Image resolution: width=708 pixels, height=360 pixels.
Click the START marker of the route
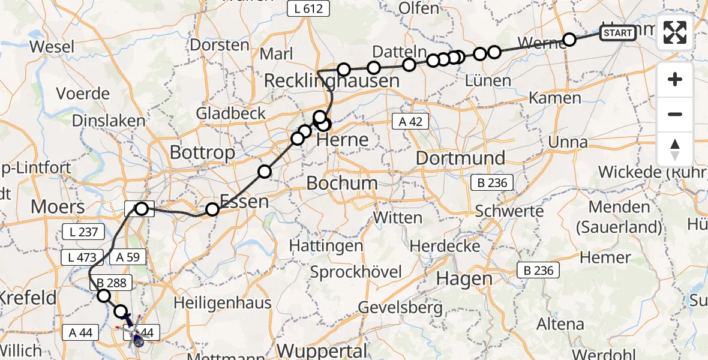click(x=617, y=32)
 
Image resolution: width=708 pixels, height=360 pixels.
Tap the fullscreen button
click(x=675, y=32)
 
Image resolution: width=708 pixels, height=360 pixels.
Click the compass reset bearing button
click(x=675, y=149)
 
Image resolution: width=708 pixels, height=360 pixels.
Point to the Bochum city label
click(x=342, y=182)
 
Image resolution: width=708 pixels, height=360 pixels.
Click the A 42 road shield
click(x=410, y=122)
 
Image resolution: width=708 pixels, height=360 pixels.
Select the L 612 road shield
click(x=309, y=9)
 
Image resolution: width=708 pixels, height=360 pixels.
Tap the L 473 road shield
click(x=78, y=257)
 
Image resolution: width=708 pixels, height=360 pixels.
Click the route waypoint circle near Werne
click(x=569, y=40)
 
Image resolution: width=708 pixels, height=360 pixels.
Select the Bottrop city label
click(x=202, y=152)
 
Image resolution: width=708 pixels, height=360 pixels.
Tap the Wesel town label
click(x=52, y=47)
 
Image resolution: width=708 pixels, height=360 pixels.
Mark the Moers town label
click(x=58, y=208)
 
